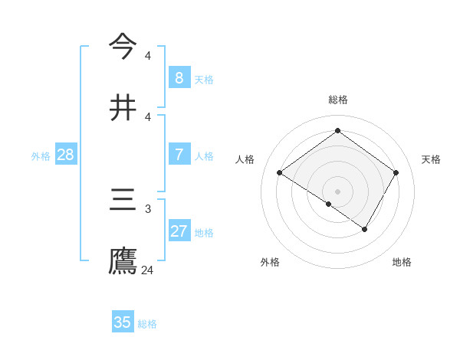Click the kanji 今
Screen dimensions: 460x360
[x=123, y=45]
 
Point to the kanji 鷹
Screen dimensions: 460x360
[x=123, y=260]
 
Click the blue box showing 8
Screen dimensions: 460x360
[x=179, y=77]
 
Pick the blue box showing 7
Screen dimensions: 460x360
[x=179, y=154]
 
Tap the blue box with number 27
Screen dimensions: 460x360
[x=179, y=231]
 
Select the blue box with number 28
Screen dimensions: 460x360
[x=66, y=154]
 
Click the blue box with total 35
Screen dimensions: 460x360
[x=123, y=322]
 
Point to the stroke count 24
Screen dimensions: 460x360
[x=148, y=270]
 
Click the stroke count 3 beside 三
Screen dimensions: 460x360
[x=148, y=208]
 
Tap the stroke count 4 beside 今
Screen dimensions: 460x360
[x=148, y=55]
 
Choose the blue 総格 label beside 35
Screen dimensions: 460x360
[x=147, y=323]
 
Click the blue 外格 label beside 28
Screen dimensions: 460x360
[x=41, y=155]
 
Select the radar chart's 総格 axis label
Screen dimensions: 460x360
[x=337, y=100]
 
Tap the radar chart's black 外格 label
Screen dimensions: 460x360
[x=270, y=262]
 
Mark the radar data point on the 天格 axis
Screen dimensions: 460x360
[x=396, y=172]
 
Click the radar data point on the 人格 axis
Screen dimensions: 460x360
[x=280, y=172]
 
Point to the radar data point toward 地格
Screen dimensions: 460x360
[x=365, y=229]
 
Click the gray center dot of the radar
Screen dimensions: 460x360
[x=337, y=191]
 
